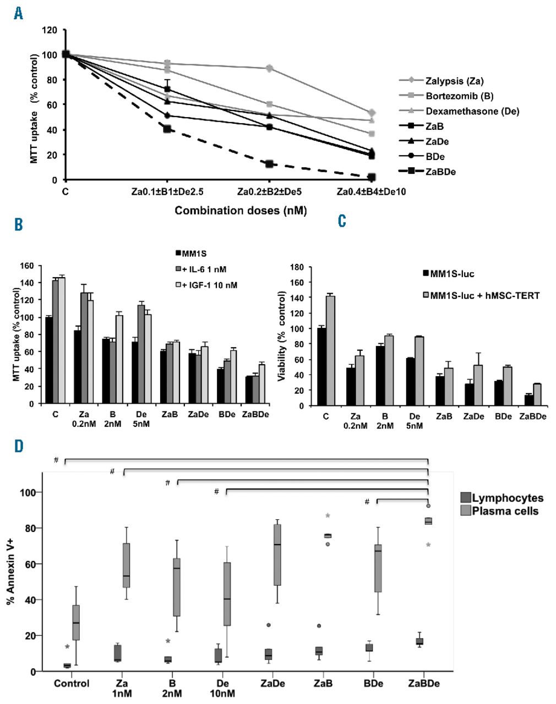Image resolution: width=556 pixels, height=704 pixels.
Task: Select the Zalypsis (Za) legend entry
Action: (x=454, y=81)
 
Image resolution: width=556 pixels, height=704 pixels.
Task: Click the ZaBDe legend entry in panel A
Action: (x=440, y=172)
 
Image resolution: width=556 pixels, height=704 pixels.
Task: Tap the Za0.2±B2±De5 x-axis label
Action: (x=269, y=192)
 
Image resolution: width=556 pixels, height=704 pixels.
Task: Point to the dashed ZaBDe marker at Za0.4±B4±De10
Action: (x=372, y=178)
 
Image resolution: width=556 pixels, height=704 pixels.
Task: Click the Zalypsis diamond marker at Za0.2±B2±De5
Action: (x=269, y=68)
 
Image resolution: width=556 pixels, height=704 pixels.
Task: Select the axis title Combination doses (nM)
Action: (x=241, y=210)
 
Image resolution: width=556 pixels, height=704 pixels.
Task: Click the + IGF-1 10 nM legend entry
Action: (x=207, y=285)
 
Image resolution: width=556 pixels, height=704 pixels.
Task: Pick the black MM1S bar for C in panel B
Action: (x=50, y=360)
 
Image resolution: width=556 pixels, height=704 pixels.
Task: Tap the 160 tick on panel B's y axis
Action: (x=26, y=266)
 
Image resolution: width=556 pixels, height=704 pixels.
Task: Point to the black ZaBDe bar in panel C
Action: (x=528, y=400)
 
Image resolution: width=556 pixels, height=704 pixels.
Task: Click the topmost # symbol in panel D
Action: (x=56, y=460)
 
